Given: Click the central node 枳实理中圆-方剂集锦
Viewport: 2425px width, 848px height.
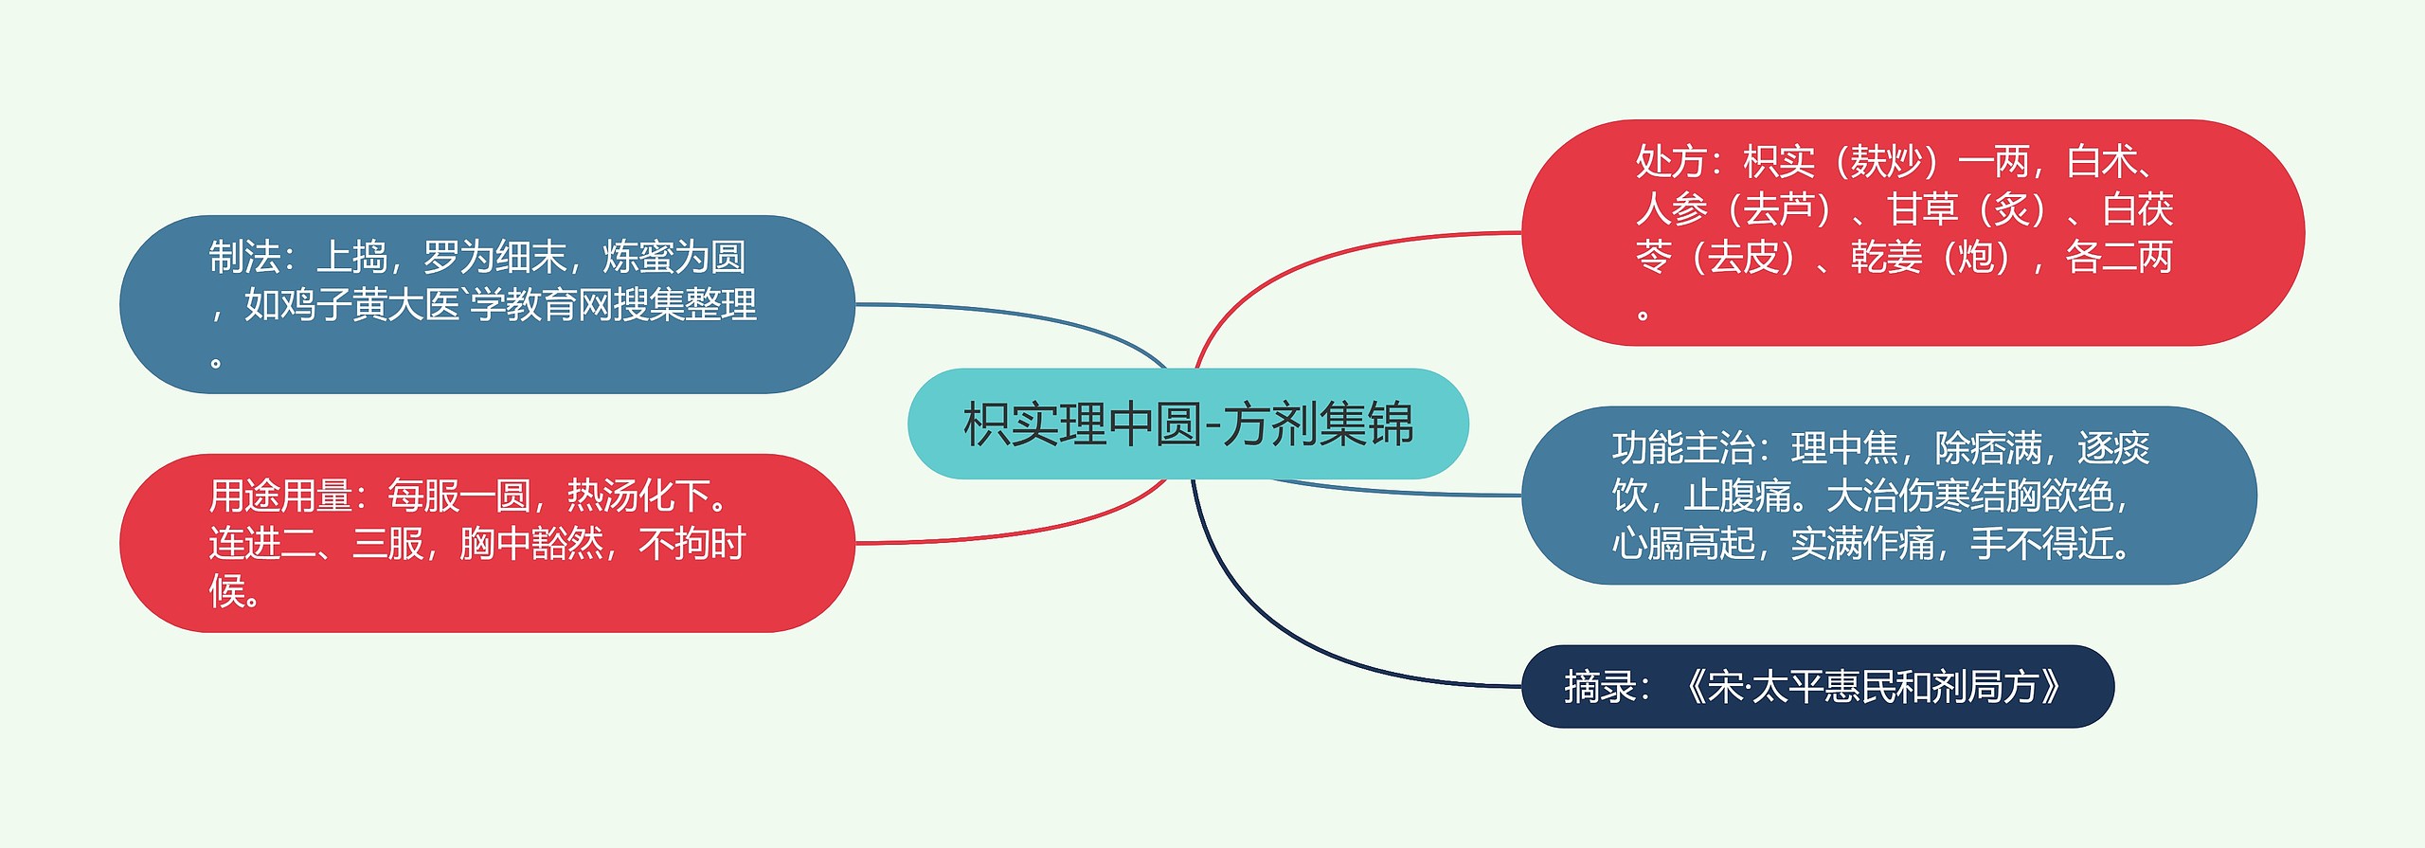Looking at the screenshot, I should tap(1188, 424).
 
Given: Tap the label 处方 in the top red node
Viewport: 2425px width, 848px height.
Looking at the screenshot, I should tap(1672, 162).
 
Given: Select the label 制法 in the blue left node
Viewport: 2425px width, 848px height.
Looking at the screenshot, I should tap(244, 257).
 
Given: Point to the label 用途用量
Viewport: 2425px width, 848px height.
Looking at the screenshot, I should tap(280, 496).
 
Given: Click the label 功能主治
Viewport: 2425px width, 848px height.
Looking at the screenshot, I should tap(1683, 448).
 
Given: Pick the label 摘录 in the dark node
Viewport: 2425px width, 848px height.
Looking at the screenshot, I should tap(1600, 687).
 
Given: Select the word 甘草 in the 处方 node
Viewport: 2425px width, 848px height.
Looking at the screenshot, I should tap(1922, 209).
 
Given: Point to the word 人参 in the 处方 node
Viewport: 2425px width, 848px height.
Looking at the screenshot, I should tap(1672, 209).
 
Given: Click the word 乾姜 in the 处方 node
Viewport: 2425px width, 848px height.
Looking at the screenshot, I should tap(1886, 257).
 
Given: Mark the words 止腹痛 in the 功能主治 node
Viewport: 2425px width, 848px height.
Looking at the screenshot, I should tap(1738, 496).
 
